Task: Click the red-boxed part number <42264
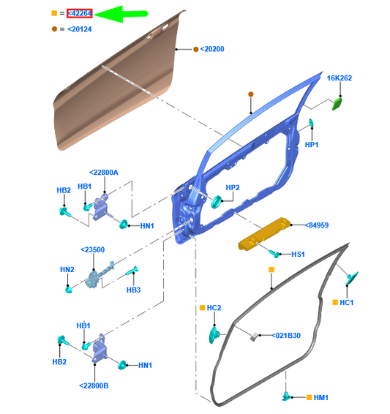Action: click(x=80, y=13)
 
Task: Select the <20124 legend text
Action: click(x=80, y=29)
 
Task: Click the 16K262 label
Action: click(x=339, y=78)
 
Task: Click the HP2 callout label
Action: click(x=233, y=187)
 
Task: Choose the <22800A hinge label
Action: click(x=103, y=173)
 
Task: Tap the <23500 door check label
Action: click(x=94, y=249)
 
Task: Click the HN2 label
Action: click(x=67, y=270)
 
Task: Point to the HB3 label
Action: click(x=133, y=290)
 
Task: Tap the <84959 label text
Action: click(x=318, y=225)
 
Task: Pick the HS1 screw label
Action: click(x=298, y=255)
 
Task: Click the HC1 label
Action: click(x=347, y=302)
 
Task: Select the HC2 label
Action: click(x=214, y=308)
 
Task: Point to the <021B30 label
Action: click(x=287, y=336)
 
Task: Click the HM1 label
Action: click(x=320, y=397)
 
